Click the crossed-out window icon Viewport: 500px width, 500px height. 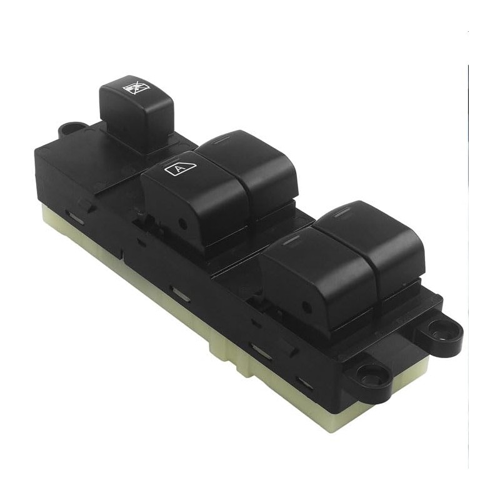pyautogui.click(x=136, y=87)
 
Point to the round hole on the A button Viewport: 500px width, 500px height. pyautogui.click(x=183, y=224)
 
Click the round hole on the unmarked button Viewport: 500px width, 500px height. pyautogui.click(x=306, y=307)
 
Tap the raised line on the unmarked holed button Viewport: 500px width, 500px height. pyautogui.click(x=290, y=241)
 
